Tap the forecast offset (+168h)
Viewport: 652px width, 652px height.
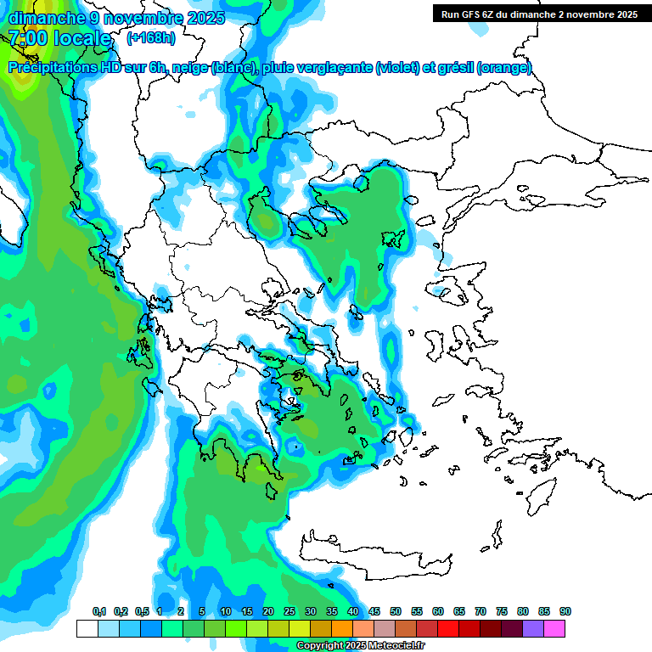point(151,37)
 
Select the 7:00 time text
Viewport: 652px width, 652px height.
point(27,38)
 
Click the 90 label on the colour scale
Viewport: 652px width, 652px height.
point(565,611)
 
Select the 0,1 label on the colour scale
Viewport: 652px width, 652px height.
point(99,611)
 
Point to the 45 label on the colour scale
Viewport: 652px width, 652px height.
point(374,611)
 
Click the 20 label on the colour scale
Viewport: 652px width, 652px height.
point(268,611)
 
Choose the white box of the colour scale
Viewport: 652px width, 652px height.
point(87,628)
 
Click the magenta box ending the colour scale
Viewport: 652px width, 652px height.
point(554,628)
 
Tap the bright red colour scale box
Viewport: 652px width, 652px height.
point(448,628)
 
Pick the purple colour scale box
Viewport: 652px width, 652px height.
point(533,628)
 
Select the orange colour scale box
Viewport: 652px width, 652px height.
point(342,628)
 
